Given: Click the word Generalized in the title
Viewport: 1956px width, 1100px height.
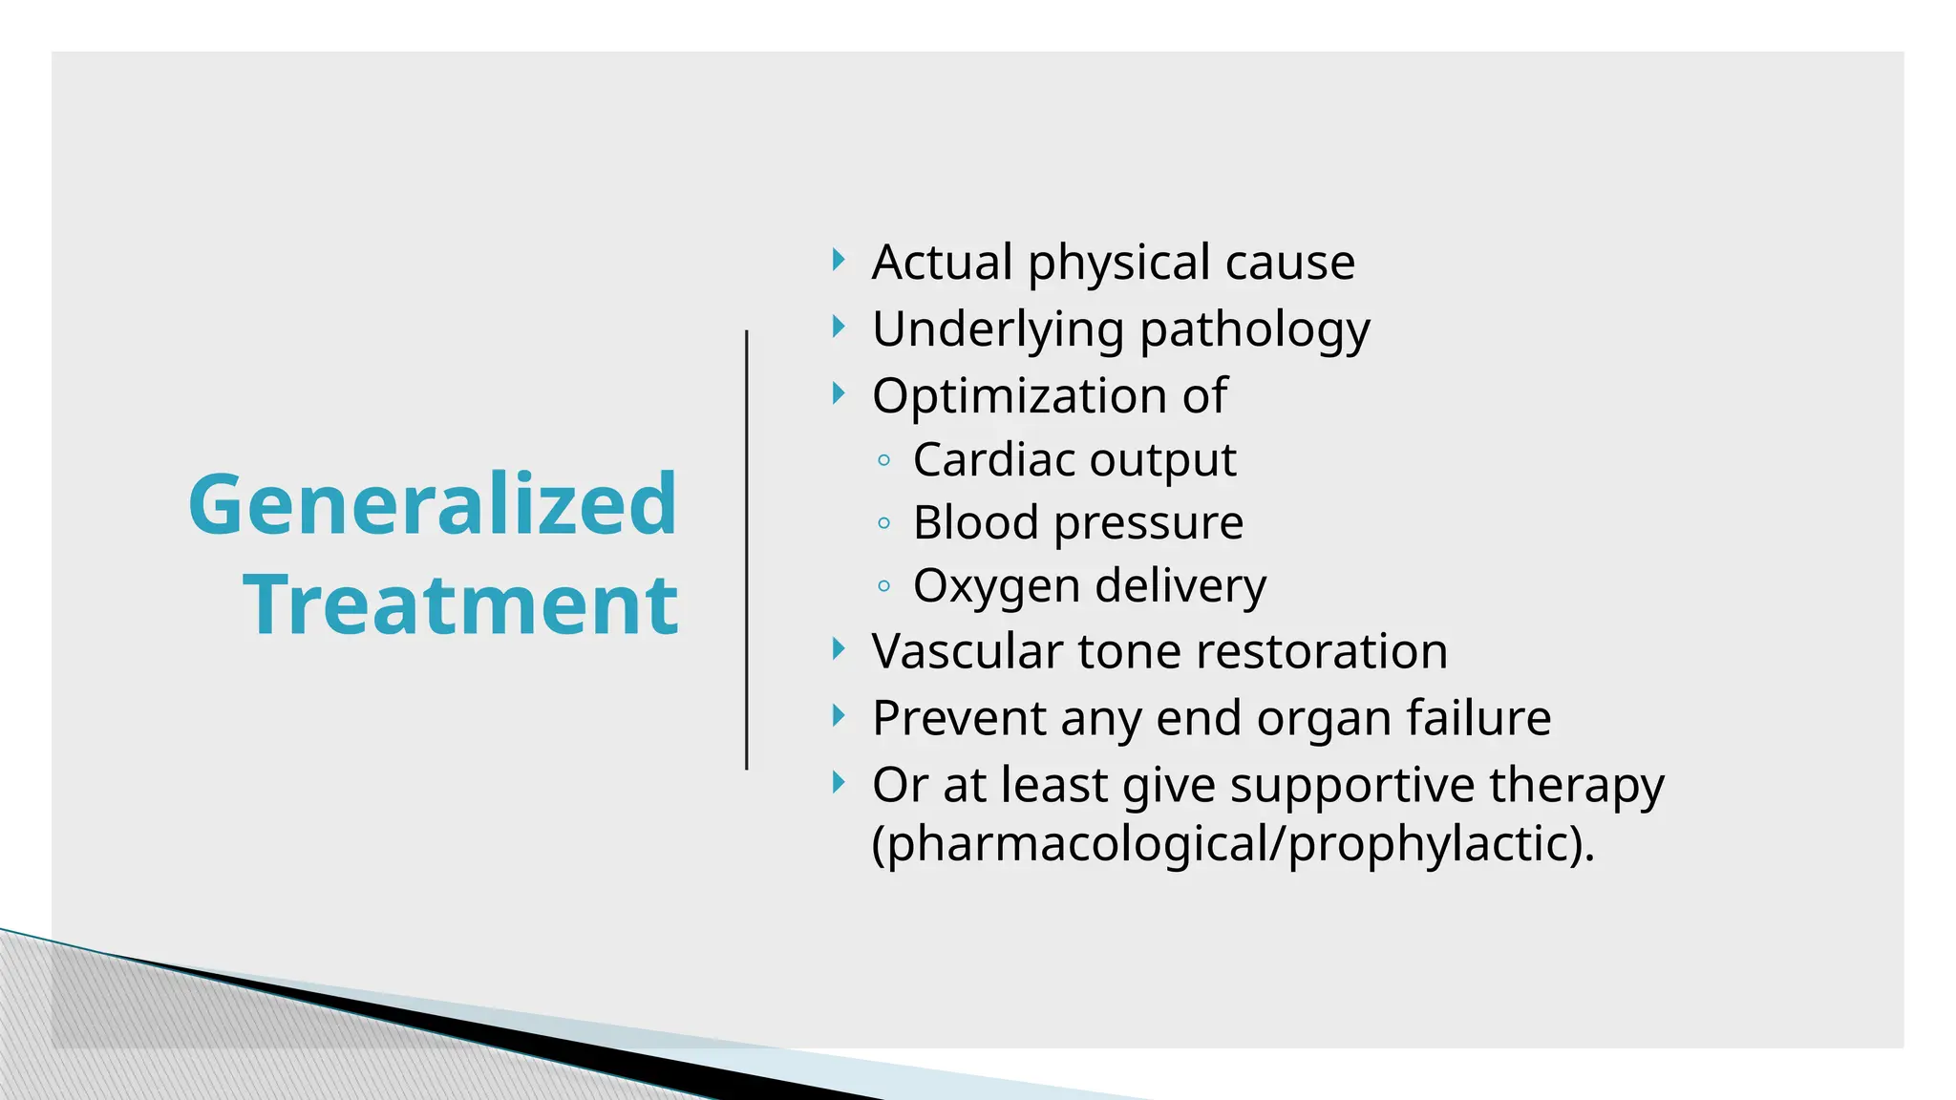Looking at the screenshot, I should pyautogui.click(x=433, y=504).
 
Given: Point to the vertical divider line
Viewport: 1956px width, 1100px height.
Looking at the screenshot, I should pyautogui.click(x=747, y=550).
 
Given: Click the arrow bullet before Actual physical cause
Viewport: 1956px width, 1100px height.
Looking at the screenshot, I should pyautogui.click(x=839, y=260).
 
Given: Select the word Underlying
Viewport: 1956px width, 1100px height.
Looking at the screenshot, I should pyautogui.click(x=998, y=330).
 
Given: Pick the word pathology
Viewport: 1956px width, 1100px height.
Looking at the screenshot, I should pyautogui.click(x=1255, y=330).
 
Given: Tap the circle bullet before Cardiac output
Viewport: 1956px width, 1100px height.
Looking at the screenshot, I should pyautogui.click(x=884, y=461).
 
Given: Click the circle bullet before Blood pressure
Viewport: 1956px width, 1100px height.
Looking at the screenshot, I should pyautogui.click(x=884, y=523).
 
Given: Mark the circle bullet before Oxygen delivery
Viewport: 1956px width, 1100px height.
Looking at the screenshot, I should pyautogui.click(x=884, y=586).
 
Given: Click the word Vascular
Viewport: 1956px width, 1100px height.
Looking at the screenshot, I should pyautogui.click(x=967, y=651).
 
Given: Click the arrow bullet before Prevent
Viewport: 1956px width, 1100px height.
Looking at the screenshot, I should pyautogui.click(x=839, y=715).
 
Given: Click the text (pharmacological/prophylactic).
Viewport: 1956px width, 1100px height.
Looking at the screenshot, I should pyautogui.click(x=1232, y=844).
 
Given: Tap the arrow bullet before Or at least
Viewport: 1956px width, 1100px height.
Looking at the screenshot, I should pyautogui.click(x=839, y=783).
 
